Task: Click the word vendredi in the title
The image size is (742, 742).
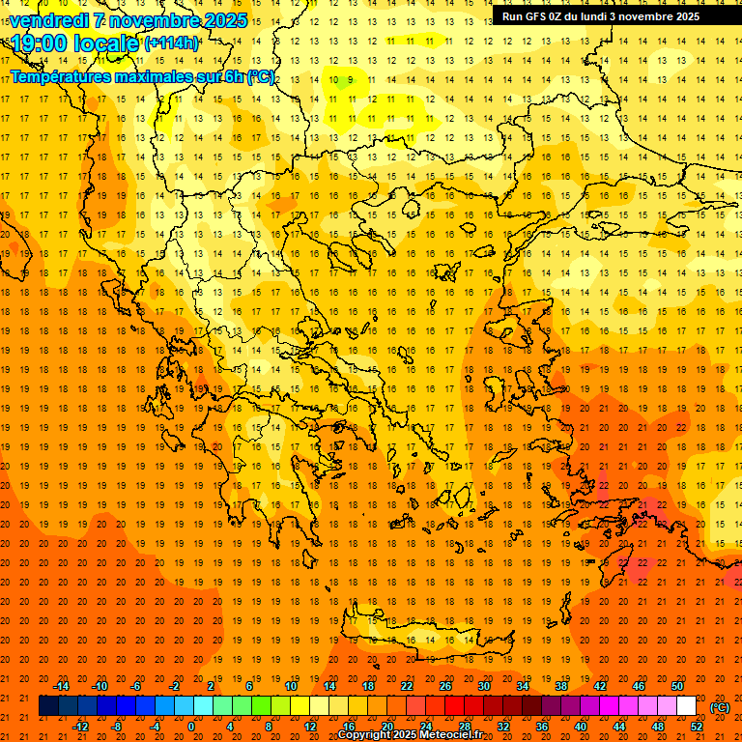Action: [x=49, y=20]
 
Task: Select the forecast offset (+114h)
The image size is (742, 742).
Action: [x=172, y=43]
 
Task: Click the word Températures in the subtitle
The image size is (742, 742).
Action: [x=60, y=76]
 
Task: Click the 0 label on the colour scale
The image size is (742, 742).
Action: [x=190, y=727]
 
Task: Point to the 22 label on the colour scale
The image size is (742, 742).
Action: [x=407, y=686]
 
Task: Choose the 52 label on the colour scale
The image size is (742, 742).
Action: [x=696, y=727]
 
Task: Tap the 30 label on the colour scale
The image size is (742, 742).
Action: [x=484, y=686]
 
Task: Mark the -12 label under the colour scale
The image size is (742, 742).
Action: [x=80, y=727]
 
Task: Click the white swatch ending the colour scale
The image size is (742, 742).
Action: [x=686, y=706]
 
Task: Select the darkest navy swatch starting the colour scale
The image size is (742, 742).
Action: [x=48, y=706]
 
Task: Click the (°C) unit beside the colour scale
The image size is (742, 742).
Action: [x=719, y=707]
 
